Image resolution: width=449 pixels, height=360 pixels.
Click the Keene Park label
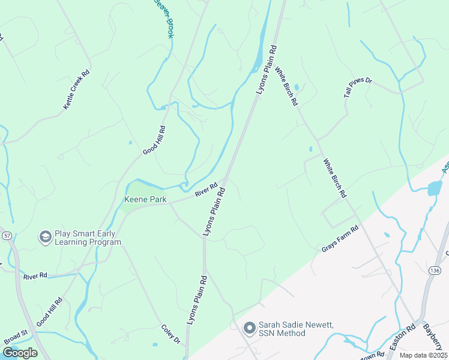(x=145, y=200)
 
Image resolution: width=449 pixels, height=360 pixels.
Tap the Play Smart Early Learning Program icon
(x=45, y=238)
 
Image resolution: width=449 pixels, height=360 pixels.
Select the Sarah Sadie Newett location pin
(x=249, y=329)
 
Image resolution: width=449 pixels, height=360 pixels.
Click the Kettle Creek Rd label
(x=76, y=89)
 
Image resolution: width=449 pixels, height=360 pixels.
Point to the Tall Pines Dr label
(x=358, y=88)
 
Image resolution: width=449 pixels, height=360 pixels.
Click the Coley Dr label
(x=170, y=335)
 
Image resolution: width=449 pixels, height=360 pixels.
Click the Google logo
(x=20, y=353)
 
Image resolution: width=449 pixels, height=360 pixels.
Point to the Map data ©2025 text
(x=423, y=355)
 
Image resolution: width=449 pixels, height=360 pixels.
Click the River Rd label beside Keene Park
(x=205, y=190)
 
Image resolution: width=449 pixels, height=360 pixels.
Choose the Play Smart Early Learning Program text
(x=88, y=238)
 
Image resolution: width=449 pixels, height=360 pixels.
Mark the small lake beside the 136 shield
(x=434, y=188)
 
